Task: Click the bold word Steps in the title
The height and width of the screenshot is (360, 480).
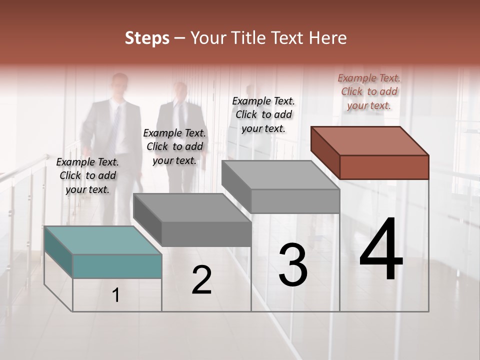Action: click(147, 38)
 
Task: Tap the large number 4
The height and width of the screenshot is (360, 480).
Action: click(381, 249)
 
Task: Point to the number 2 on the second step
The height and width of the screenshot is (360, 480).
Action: click(201, 279)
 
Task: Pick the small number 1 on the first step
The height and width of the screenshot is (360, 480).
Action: click(116, 295)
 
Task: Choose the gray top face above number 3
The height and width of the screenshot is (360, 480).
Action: click(280, 174)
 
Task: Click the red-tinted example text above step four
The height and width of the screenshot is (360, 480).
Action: click(369, 91)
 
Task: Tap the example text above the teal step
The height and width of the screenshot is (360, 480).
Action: click(87, 175)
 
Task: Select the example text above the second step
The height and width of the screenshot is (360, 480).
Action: click(174, 146)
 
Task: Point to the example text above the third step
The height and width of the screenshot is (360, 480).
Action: click(263, 114)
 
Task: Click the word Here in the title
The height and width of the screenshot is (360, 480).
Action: click(328, 38)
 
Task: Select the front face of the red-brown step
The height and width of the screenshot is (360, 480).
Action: click(384, 167)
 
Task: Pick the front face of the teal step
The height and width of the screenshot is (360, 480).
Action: click(117, 266)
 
